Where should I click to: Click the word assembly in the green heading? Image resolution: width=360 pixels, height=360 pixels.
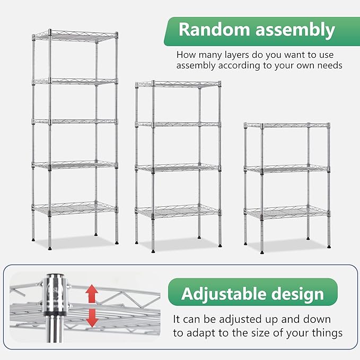tap(294, 30)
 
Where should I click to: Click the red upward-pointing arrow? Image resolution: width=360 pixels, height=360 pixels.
tap(91, 292)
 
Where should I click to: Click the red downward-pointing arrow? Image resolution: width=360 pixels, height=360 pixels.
tap(92, 318)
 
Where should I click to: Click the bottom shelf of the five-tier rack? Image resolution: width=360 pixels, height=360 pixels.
tap(74, 207)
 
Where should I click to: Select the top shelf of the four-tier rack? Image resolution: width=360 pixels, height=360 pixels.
tap(178, 84)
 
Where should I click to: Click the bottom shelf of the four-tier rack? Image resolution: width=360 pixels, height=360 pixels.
tap(178, 211)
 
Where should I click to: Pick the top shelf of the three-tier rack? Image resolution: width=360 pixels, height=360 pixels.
tap(286, 126)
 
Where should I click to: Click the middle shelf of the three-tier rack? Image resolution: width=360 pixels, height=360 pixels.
tap(286, 169)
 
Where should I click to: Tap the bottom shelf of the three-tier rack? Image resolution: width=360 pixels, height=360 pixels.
tap(286, 212)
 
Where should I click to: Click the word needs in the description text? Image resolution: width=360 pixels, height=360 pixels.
tap(329, 66)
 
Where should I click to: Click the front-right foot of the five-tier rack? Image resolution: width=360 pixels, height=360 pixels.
tap(116, 243)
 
